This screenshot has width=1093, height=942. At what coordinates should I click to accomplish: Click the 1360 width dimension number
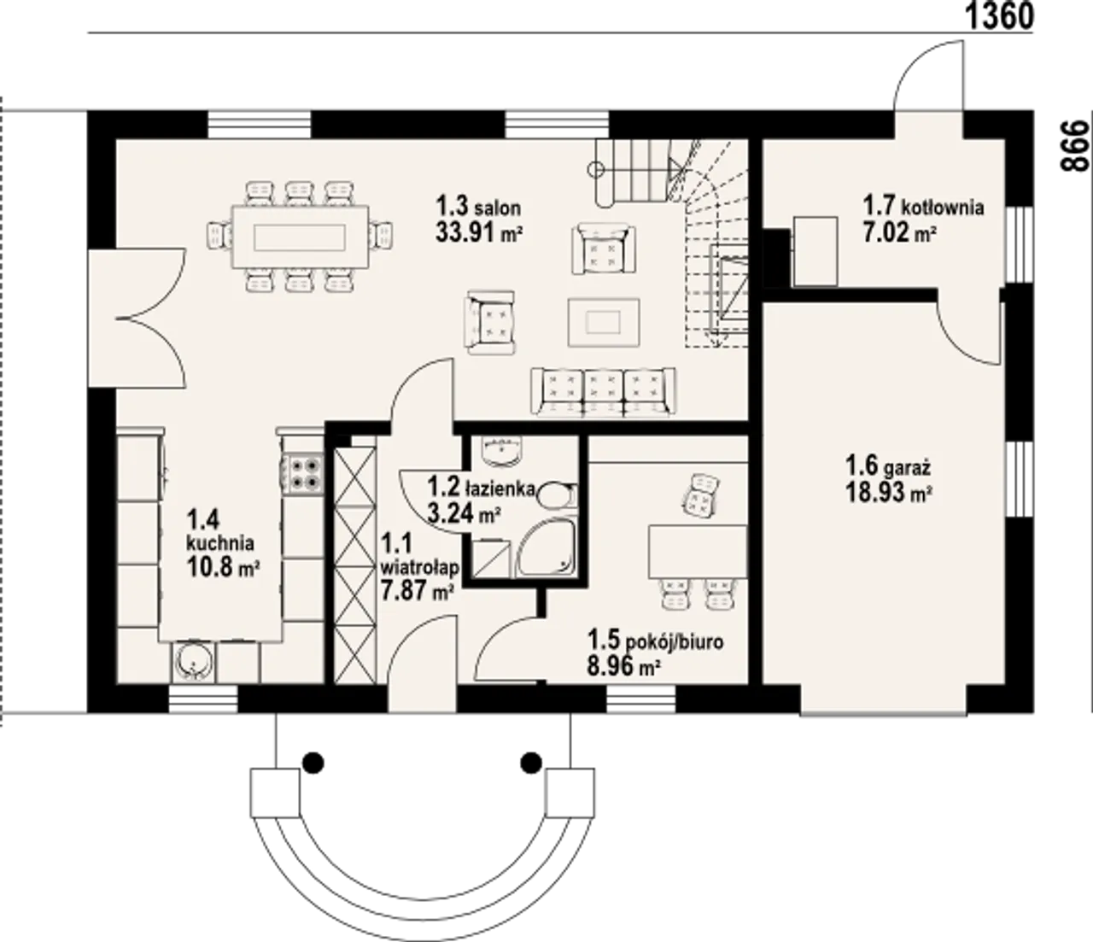pyautogui.click(x=999, y=16)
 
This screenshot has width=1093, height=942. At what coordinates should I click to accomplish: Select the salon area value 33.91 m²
pyautogui.click(x=479, y=231)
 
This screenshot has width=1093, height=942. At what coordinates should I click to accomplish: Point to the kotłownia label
pyautogui.click(x=943, y=207)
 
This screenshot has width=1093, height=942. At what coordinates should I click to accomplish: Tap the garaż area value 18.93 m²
pyautogui.click(x=889, y=493)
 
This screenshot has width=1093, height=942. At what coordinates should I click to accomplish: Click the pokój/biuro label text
pyautogui.click(x=675, y=642)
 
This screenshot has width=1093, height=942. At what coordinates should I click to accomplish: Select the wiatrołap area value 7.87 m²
pyautogui.click(x=418, y=591)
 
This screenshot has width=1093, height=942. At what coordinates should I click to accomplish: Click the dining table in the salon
pyautogui.click(x=300, y=237)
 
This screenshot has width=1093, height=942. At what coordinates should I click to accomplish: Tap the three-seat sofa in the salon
pyautogui.click(x=604, y=391)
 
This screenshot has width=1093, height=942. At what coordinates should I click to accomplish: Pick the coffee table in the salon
pyautogui.click(x=604, y=322)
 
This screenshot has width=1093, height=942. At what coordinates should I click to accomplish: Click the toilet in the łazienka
pyautogui.click(x=556, y=495)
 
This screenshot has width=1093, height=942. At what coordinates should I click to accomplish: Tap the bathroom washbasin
pyautogui.click(x=502, y=451)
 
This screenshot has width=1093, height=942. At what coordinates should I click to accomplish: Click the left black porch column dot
pyautogui.click(x=313, y=763)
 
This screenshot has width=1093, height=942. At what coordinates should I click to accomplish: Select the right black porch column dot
pyautogui.click(x=531, y=763)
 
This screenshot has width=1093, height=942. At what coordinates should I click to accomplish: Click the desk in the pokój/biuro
pyautogui.click(x=698, y=551)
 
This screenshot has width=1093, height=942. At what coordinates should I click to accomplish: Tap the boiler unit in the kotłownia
pyautogui.click(x=815, y=251)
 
